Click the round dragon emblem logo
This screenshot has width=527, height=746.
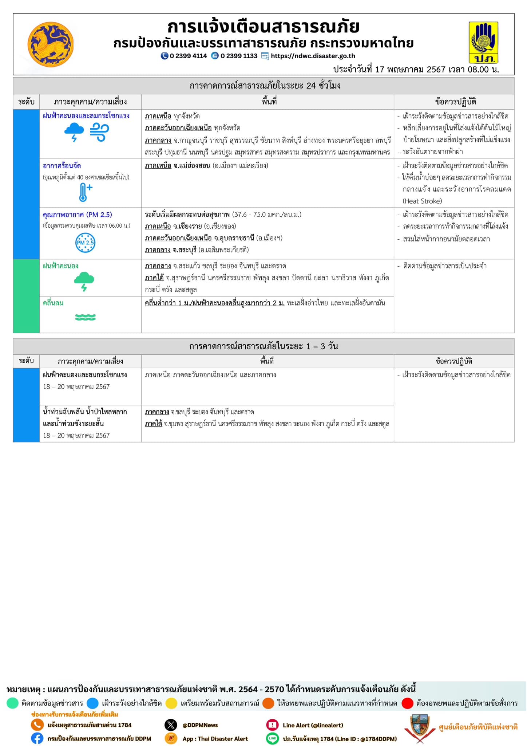tap(51, 44)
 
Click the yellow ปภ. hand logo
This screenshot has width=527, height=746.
tap(483, 43)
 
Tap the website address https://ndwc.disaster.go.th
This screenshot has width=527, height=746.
tap(313, 56)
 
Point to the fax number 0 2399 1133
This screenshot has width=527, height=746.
tap(239, 56)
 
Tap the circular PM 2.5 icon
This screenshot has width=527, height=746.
tap(85, 243)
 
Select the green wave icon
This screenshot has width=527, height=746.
tap(85, 317)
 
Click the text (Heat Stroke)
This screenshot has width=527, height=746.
tap(422, 201)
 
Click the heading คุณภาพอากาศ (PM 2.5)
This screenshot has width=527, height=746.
tap(78, 215)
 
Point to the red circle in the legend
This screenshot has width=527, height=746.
tap(408, 703)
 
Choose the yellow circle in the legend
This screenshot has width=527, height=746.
tap(171, 703)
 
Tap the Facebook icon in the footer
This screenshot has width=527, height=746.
tap(37, 738)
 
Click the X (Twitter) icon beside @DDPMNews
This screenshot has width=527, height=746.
tap(171, 725)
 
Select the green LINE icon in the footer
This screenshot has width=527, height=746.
tap(272, 738)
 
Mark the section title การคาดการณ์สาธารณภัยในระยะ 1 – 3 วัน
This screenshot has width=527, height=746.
tap(263, 346)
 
